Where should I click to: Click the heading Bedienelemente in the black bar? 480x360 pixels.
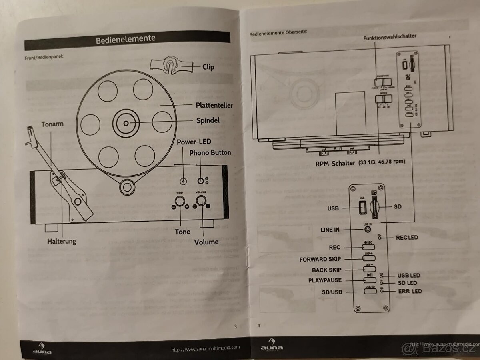click(125, 39)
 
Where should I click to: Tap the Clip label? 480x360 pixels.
click(208, 67)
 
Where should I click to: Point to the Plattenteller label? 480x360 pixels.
click(214, 106)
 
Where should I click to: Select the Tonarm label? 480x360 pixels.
click(52, 124)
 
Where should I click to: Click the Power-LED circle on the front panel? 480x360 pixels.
click(183, 181)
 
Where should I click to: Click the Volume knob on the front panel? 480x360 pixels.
click(201, 201)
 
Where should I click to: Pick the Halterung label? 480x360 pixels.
click(61, 241)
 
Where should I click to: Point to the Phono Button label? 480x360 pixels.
click(210, 152)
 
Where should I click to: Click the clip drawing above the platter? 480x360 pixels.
click(170, 64)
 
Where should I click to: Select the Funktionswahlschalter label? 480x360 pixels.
click(390, 36)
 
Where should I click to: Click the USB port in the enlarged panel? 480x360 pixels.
click(362, 208)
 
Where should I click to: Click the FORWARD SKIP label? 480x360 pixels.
click(320, 259)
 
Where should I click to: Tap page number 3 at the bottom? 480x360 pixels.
click(235, 326)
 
